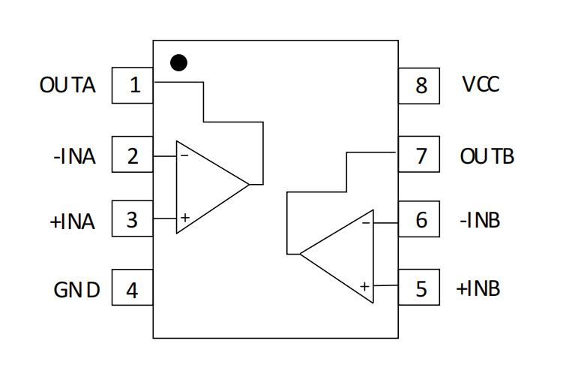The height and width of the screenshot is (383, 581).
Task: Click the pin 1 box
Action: tap(132, 86)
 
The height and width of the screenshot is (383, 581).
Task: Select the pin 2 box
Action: tap(132, 154)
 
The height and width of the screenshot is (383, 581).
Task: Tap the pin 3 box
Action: tap(132, 219)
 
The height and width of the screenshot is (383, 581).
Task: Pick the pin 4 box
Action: tap(132, 287)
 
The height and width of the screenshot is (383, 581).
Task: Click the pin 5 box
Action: tap(419, 287)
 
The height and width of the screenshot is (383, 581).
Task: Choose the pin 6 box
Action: tap(419, 219)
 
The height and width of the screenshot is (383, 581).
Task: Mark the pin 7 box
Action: tap(419, 154)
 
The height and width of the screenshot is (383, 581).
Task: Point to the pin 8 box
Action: tap(419, 86)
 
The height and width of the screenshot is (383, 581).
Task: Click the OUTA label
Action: tap(67, 85)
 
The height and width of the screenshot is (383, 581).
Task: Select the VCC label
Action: tap(481, 84)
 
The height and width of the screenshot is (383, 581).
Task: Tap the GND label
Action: tap(76, 290)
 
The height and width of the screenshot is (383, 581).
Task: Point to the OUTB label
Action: tap(487, 156)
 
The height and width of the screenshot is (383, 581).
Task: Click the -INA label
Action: tap(74, 156)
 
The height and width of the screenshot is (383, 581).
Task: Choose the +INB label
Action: tap(478, 288)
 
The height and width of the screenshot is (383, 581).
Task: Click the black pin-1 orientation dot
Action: tap(178, 63)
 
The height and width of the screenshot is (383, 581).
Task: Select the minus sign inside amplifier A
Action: tap(184, 155)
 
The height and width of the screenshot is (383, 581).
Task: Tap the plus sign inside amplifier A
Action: tap(185, 218)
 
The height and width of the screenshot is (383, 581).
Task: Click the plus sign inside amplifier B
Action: tap(365, 287)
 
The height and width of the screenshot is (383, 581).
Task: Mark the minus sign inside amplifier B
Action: tap(366, 223)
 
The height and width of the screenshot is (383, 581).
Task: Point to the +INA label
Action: tap(72, 222)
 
